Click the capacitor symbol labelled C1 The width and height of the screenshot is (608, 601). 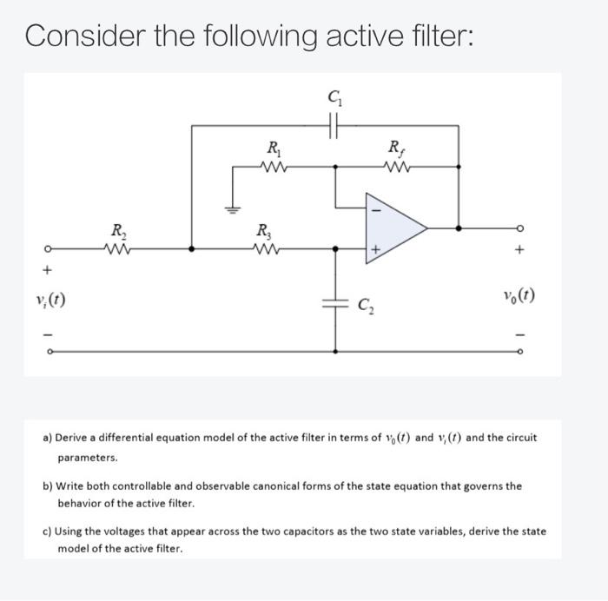point(335,126)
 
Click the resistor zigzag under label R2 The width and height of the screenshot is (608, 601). point(116,248)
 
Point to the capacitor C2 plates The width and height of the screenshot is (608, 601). point(336,303)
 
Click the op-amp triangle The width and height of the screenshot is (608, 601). point(395,228)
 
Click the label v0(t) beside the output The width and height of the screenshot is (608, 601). point(519,295)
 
